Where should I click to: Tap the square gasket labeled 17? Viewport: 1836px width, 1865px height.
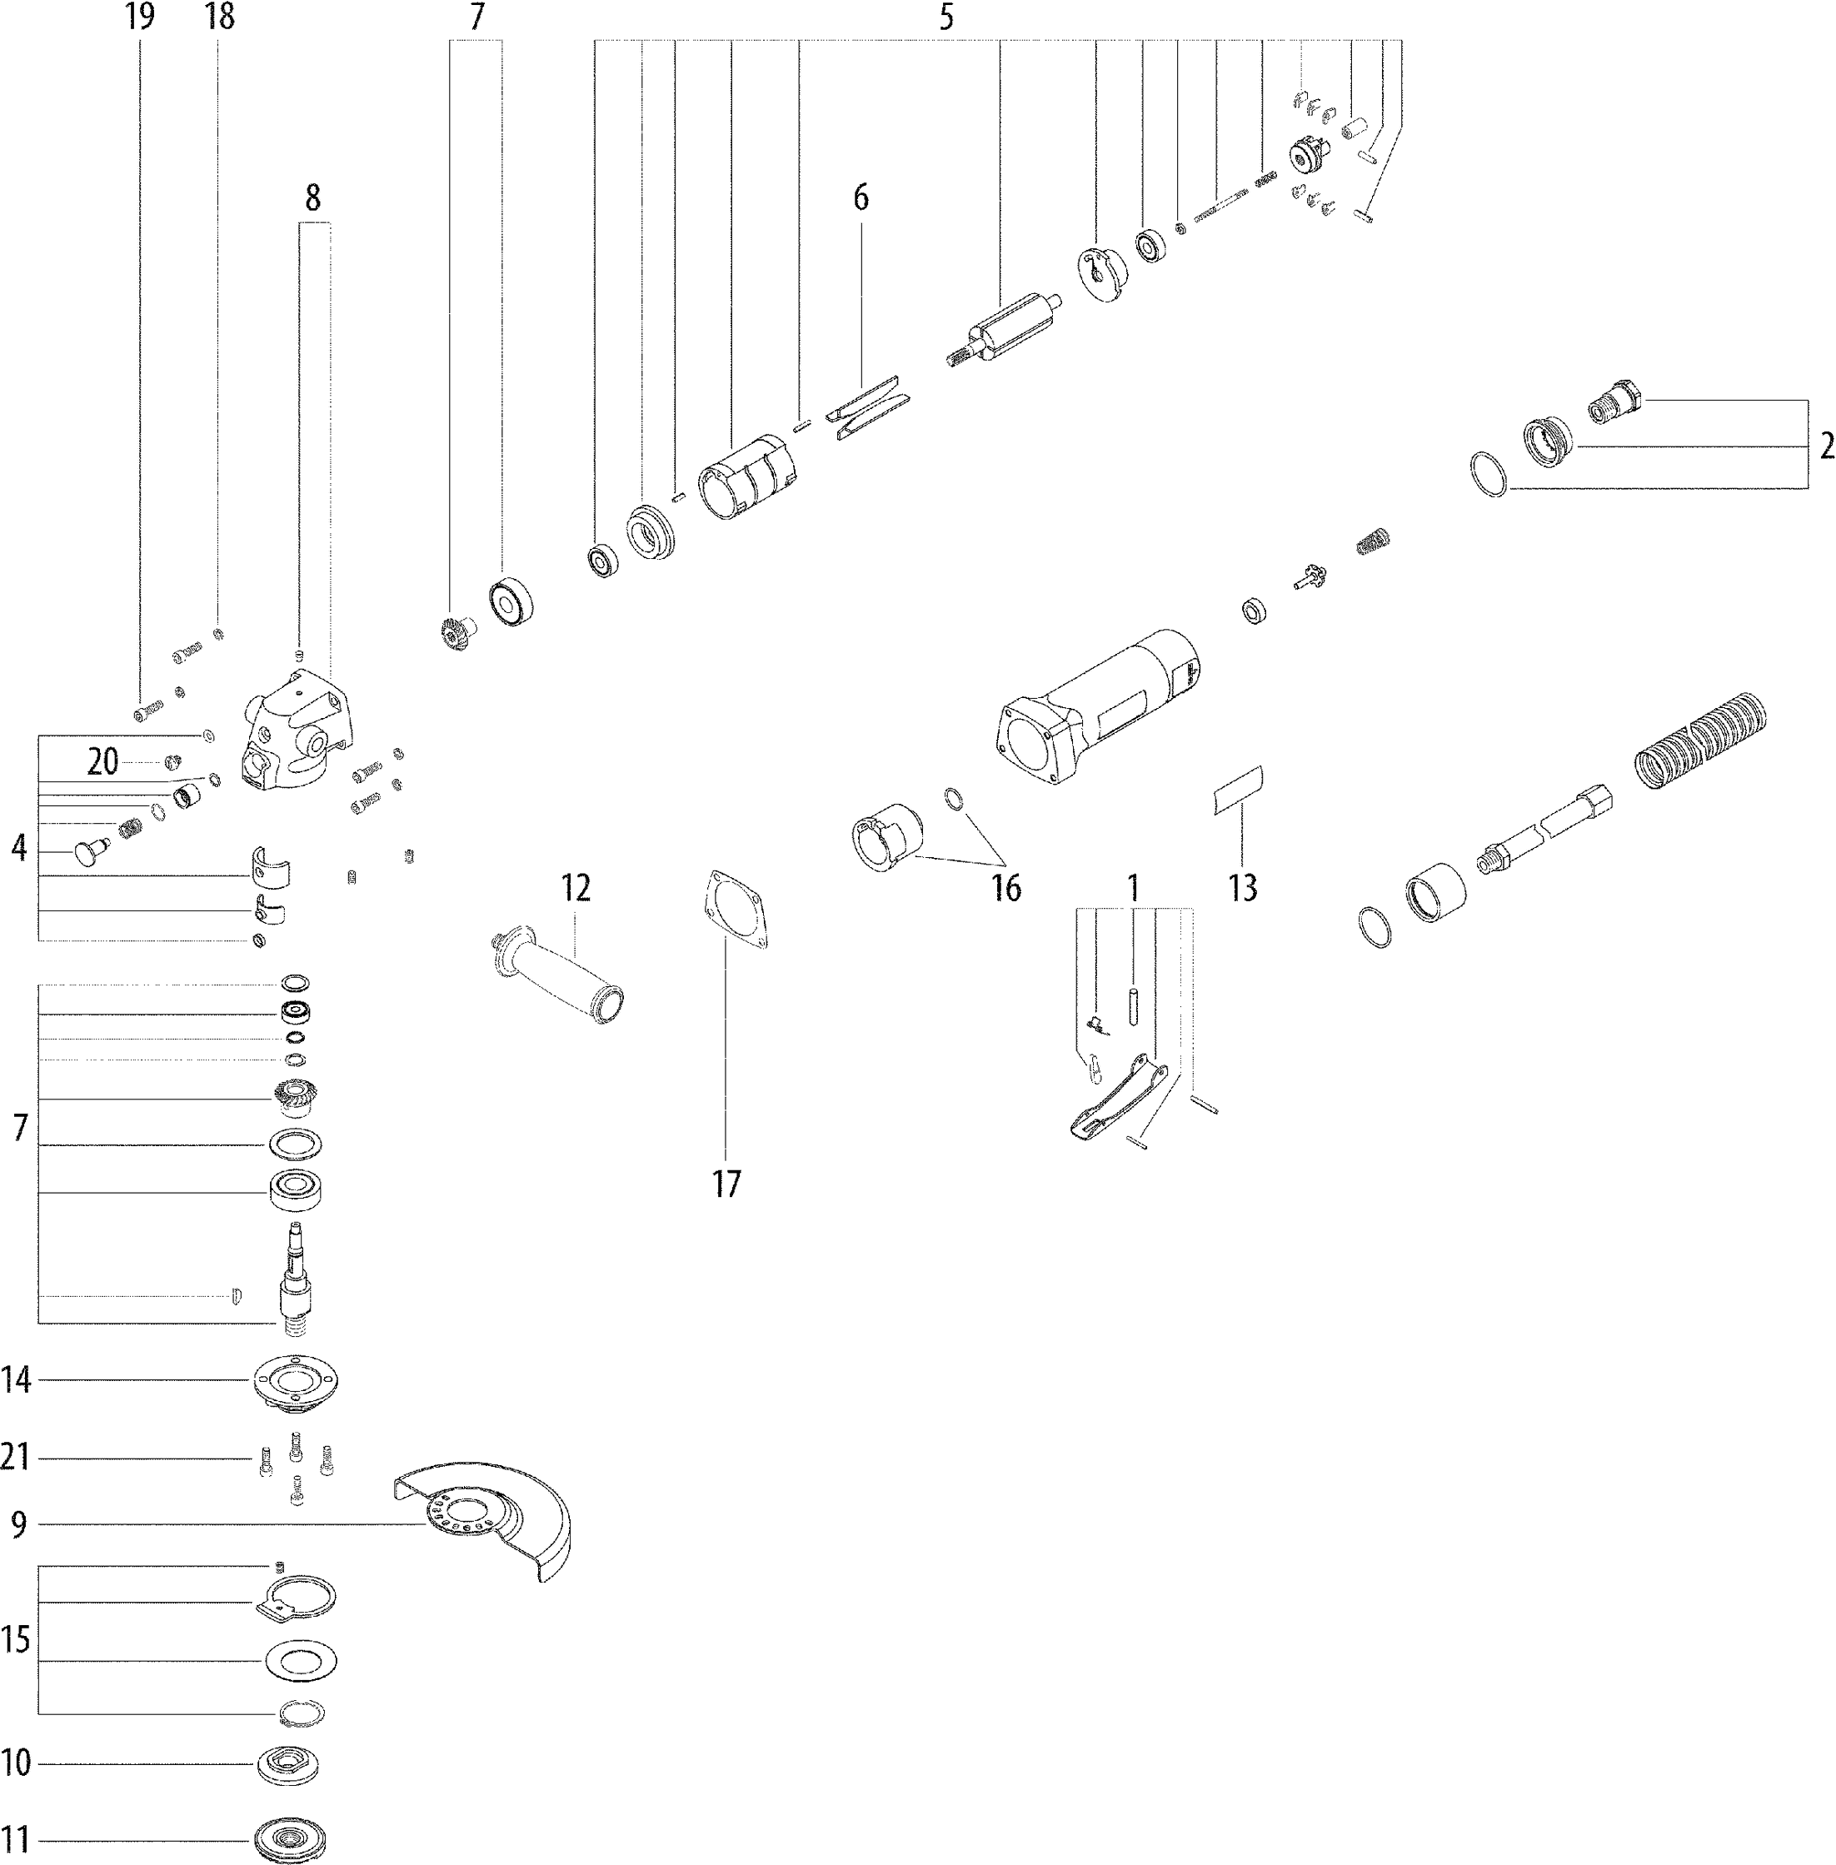coord(735,910)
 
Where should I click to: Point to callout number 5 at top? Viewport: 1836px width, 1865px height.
coord(946,17)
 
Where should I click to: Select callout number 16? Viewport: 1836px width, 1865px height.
coord(1005,888)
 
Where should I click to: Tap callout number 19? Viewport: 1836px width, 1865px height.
coord(140,17)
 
